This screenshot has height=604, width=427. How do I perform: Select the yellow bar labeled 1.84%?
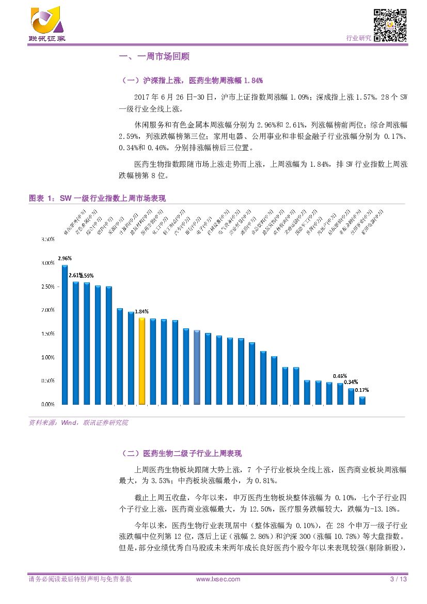[142, 361]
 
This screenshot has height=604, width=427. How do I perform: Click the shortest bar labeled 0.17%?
[362, 400]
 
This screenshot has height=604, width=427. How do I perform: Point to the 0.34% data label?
[351, 382]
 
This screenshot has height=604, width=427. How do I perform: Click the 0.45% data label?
[340, 376]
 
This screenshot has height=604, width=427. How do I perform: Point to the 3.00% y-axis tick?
[48, 263]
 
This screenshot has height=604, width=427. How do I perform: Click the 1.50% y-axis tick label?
[48, 334]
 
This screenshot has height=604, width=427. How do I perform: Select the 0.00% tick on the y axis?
[48, 404]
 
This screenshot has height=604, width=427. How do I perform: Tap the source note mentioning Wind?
[78, 422]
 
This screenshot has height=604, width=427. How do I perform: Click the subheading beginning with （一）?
[192, 81]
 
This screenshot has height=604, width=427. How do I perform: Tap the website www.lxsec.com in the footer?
[218, 579]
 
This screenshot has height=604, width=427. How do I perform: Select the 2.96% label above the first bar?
[65, 258]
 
